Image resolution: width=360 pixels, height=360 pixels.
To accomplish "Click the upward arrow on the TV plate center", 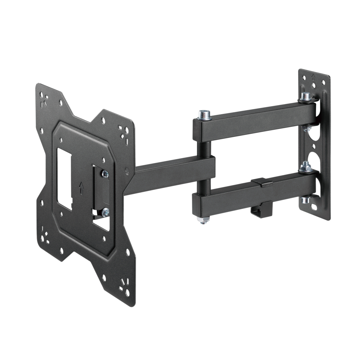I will [x=81, y=188].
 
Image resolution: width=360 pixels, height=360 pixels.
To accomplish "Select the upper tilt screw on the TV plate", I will [x=105, y=174].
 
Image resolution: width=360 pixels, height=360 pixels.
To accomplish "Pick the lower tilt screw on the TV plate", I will [x=105, y=212].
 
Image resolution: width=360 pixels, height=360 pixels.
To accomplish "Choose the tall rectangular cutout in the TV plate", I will [x=64, y=179].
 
